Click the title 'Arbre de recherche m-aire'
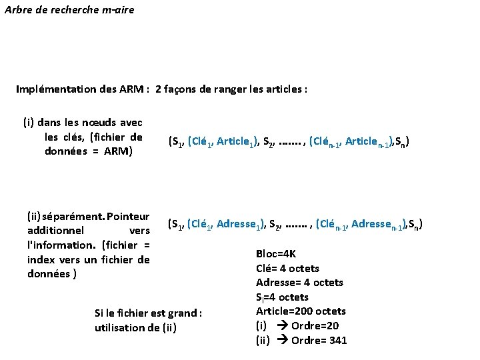coord(69,10)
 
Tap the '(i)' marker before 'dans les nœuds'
coord(29,123)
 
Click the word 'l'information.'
coord(58,245)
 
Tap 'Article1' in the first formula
coord(235,141)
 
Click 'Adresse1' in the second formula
coord(239,224)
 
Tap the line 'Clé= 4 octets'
coord(287,268)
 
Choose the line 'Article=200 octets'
coord(301,311)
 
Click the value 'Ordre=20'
coord(315,325)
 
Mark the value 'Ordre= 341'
coord(319,340)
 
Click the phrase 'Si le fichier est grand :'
coord(149,313)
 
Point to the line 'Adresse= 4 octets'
coord(299,283)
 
